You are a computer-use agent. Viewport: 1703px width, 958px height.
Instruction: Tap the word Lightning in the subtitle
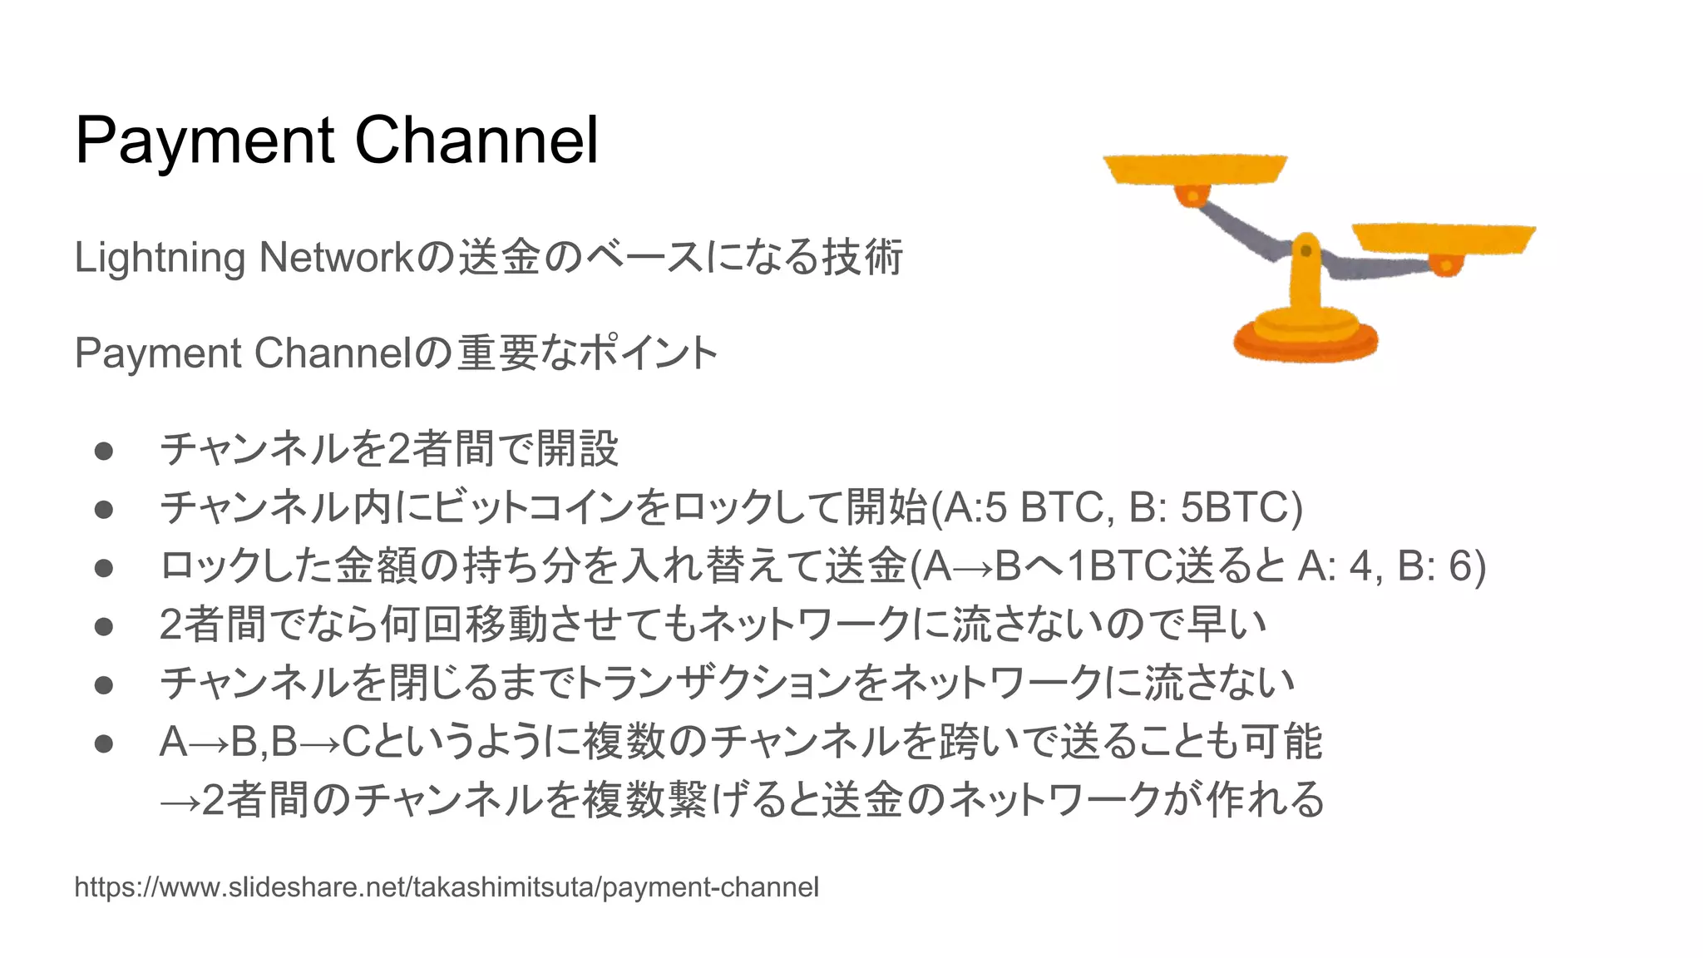pos(159,258)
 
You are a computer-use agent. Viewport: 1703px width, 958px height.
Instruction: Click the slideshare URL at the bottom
pos(447,887)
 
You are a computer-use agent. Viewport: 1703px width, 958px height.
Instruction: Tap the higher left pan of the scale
pos(1194,169)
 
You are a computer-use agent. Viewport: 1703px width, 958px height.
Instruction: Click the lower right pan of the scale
pos(1444,239)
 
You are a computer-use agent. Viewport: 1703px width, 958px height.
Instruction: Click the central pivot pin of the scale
pos(1306,250)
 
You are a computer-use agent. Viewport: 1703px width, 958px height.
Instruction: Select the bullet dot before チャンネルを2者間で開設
pos(104,451)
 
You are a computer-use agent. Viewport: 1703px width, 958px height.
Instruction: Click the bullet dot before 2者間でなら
pos(104,626)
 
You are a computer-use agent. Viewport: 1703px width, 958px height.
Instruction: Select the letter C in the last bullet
pos(356,742)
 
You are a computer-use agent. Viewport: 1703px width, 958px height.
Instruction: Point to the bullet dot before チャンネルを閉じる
pos(104,684)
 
